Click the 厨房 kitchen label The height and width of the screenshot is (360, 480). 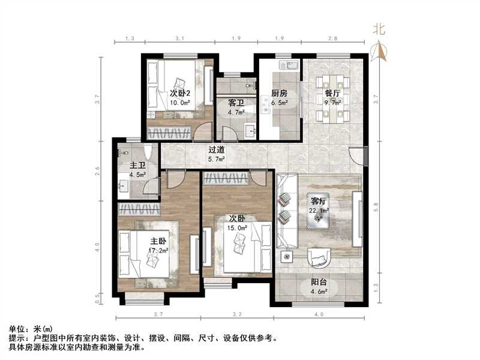280,94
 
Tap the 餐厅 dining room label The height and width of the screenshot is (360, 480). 333,94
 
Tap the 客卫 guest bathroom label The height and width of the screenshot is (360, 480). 235,103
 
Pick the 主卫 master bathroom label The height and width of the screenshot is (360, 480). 137,166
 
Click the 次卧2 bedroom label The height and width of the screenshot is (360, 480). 179,94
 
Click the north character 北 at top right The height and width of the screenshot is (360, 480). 379,29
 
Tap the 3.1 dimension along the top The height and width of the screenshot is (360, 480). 179,39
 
